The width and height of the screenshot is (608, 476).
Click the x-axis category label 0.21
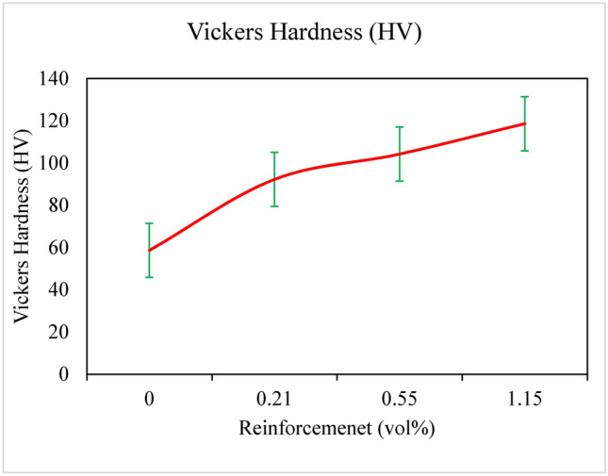(274, 400)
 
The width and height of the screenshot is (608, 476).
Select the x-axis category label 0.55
(400, 400)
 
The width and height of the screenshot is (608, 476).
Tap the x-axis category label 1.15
(524, 400)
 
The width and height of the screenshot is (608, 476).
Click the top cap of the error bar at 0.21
(274, 153)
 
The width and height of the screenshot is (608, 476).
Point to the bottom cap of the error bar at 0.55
(400, 180)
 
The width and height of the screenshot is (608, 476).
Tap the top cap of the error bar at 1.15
(524, 97)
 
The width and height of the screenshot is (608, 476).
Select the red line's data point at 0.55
(400, 154)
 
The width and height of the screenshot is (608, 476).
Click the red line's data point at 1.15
(524, 123)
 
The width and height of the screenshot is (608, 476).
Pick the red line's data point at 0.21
(274, 179)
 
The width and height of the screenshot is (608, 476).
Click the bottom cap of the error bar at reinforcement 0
(149, 276)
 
